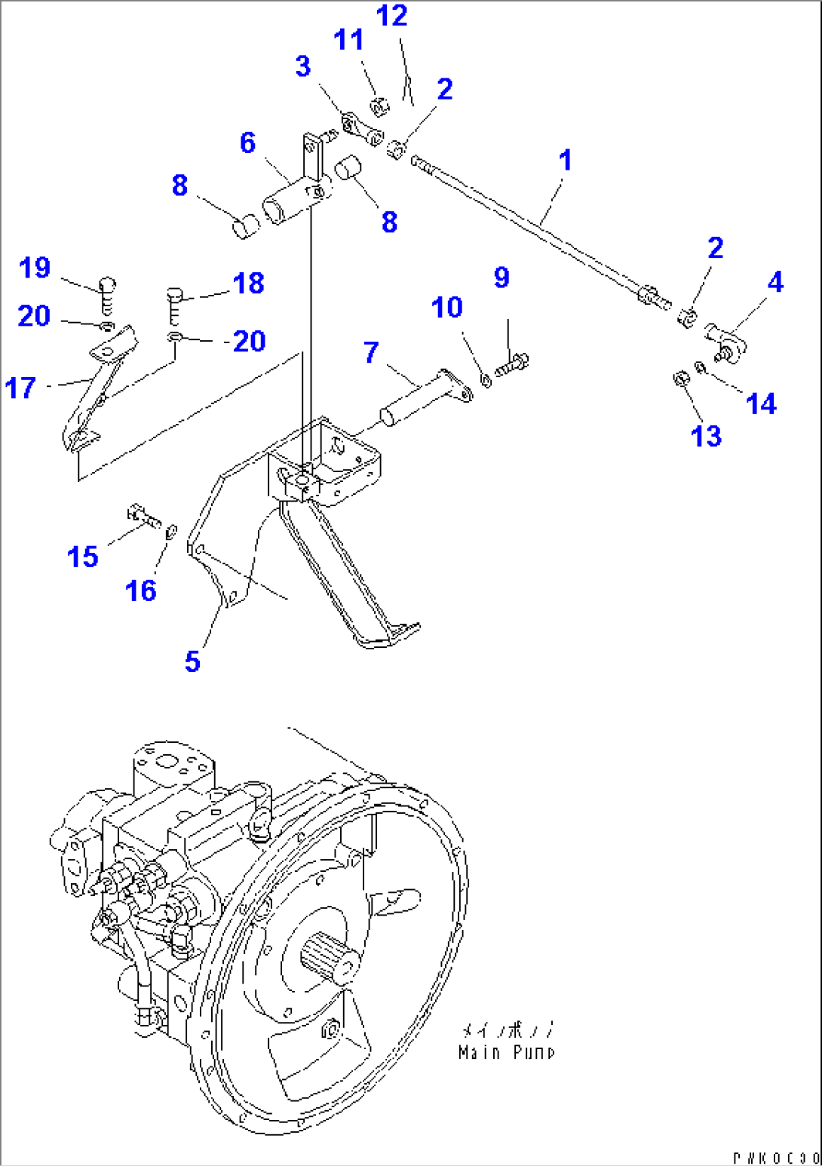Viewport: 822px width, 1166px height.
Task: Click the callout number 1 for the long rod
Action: [x=565, y=161]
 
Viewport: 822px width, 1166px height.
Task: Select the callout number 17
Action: [x=20, y=388]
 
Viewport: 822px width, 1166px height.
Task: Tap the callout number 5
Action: [x=192, y=661]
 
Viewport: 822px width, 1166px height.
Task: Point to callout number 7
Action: [x=371, y=352]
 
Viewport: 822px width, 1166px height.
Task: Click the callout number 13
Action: [x=706, y=435]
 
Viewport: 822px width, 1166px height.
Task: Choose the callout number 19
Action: [x=35, y=268]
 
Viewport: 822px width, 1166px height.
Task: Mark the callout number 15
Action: [x=83, y=557]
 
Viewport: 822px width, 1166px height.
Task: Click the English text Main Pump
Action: [x=507, y=1052]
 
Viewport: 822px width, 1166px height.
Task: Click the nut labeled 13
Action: [x=679, y=378]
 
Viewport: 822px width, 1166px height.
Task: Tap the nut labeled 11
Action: [x=381, y=106]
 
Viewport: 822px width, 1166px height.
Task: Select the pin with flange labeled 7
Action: [x=422, y=396]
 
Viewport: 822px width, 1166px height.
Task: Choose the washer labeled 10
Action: [x=486, y=380]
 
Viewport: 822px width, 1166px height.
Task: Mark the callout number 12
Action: [x=392, y=16]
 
